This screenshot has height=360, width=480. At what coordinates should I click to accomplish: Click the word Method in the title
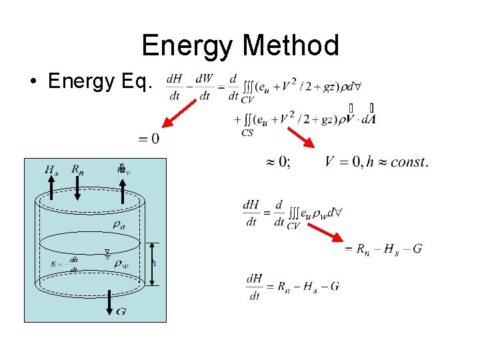[x=291, y=45]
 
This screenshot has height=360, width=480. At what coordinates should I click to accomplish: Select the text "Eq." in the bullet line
[x=139, y=81]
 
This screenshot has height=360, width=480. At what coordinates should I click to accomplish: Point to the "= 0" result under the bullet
[x=149, y=139]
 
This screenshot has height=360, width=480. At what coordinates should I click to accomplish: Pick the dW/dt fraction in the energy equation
[x=205, y=87]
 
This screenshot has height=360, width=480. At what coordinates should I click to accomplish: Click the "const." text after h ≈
[x=408, y=162]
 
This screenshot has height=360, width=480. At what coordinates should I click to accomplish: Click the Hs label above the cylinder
[x=51, y=170]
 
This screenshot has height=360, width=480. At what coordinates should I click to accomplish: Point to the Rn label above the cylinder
[x=78, y=170]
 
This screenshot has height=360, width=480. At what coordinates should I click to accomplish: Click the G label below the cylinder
[x=121, y=311]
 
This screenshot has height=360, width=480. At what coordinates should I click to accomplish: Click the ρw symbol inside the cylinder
[x=121, y=263]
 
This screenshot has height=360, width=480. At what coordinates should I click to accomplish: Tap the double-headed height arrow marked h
[x=153, y=263]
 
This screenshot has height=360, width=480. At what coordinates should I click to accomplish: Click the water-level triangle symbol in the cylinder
[x=107, y=253]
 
